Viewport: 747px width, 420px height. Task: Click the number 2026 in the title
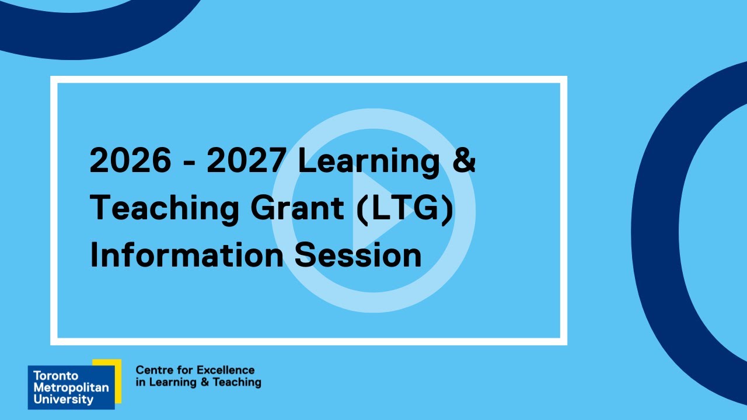[131, 160]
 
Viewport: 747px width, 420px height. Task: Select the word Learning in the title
[368, 162]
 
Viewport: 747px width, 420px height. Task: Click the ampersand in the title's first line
[464, 160]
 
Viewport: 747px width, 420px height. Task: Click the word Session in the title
[358, 255]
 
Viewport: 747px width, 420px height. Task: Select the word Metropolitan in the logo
[71, 388]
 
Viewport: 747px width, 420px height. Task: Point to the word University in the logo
[63, 400]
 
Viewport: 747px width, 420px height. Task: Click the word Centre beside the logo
[152, 370]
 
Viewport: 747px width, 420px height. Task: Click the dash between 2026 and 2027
[189, 163]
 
